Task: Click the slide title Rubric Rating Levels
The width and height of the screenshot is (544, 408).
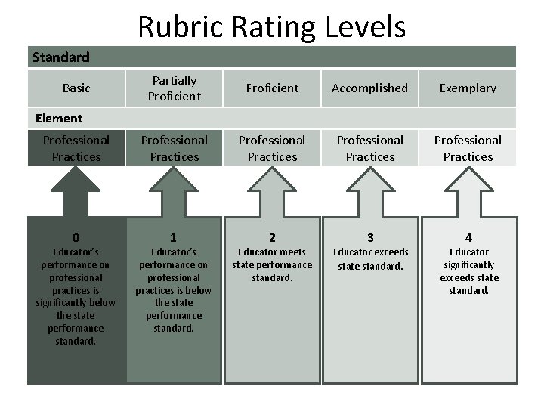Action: point(272,27)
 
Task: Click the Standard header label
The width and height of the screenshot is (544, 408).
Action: point(60,57)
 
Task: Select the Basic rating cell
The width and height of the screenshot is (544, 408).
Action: point(76,88)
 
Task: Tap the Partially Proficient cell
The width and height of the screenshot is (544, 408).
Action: point(175,88)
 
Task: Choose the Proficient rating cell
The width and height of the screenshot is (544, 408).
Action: point(272,88)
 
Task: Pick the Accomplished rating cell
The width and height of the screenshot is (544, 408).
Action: point(370,88)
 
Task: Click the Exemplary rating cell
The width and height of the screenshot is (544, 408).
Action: point(468,88)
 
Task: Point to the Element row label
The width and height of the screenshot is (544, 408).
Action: point(59,118)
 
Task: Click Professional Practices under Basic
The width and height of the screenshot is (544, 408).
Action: point(76,148)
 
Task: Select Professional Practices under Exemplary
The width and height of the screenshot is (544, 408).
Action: point(468,148)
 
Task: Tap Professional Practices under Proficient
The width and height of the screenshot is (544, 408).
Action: point(272,148)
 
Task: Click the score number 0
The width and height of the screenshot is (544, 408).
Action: point(76,237)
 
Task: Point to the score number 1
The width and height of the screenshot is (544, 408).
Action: point(175,237)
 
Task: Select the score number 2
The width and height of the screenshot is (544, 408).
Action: point(272,237)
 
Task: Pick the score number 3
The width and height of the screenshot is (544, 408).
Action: point(370,237)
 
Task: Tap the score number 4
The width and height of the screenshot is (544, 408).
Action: point(468,237)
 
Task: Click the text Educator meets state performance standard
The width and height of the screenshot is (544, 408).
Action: point(272,264)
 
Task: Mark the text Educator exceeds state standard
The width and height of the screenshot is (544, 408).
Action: point(370,258)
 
